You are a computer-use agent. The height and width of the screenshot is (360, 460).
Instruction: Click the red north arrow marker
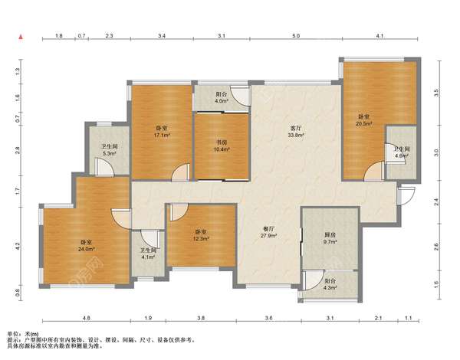[21, 37]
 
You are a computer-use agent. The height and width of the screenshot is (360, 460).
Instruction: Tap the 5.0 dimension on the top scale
[296, 36]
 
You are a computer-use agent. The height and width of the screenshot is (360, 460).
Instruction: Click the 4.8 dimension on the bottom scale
[86, 318]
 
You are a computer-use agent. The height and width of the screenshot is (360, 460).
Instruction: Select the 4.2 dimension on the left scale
[18, 246]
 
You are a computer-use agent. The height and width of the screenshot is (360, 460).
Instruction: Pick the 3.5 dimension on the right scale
[436, 93]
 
